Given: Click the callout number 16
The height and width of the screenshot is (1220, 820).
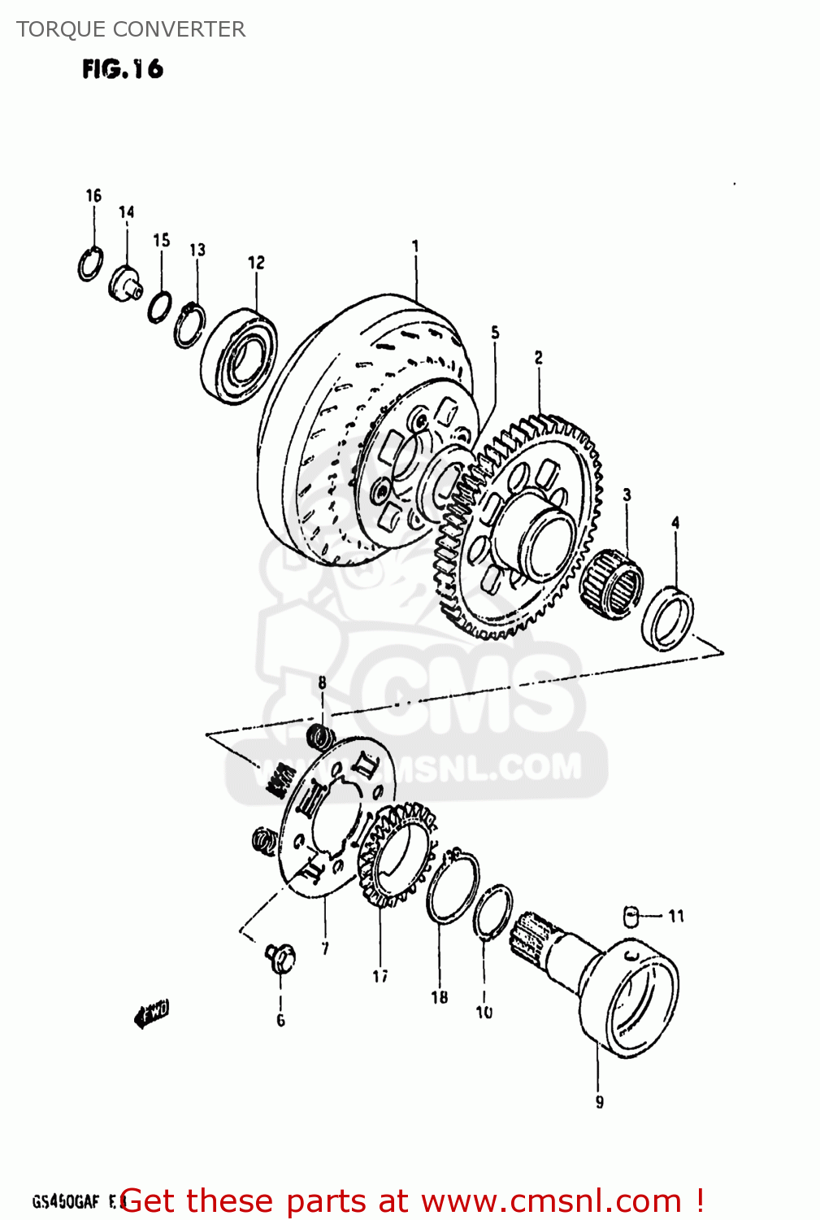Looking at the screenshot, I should coord(93,195).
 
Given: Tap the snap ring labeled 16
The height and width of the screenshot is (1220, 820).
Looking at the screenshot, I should coord(90,264).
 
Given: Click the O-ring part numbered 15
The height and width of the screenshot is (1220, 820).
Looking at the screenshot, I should coord(160,307).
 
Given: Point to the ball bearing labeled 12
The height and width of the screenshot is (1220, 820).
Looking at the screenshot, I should coord(239,355).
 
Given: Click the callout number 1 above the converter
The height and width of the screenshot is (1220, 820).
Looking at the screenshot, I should coord(415,246).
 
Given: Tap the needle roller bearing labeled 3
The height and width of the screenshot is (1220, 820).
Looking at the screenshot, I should coord(611,579).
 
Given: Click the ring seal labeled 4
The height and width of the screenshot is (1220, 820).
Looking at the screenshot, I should coord(668,618).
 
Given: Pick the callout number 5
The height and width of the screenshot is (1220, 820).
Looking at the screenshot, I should coord(495,333).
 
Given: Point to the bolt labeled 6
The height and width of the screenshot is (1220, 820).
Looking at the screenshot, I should coord(280,958).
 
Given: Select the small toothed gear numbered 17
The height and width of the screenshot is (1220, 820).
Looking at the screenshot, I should coord(397,854).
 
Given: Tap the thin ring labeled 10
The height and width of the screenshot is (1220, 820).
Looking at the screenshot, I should coord(492,913).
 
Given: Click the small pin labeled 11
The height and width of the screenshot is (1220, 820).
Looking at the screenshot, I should coord(631,915).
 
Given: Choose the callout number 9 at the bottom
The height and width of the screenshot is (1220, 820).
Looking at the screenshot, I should coord(599,1102).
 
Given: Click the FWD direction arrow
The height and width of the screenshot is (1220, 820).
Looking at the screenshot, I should coord(151,1014).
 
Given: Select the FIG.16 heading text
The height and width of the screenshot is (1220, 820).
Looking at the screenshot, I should coord(123,69).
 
